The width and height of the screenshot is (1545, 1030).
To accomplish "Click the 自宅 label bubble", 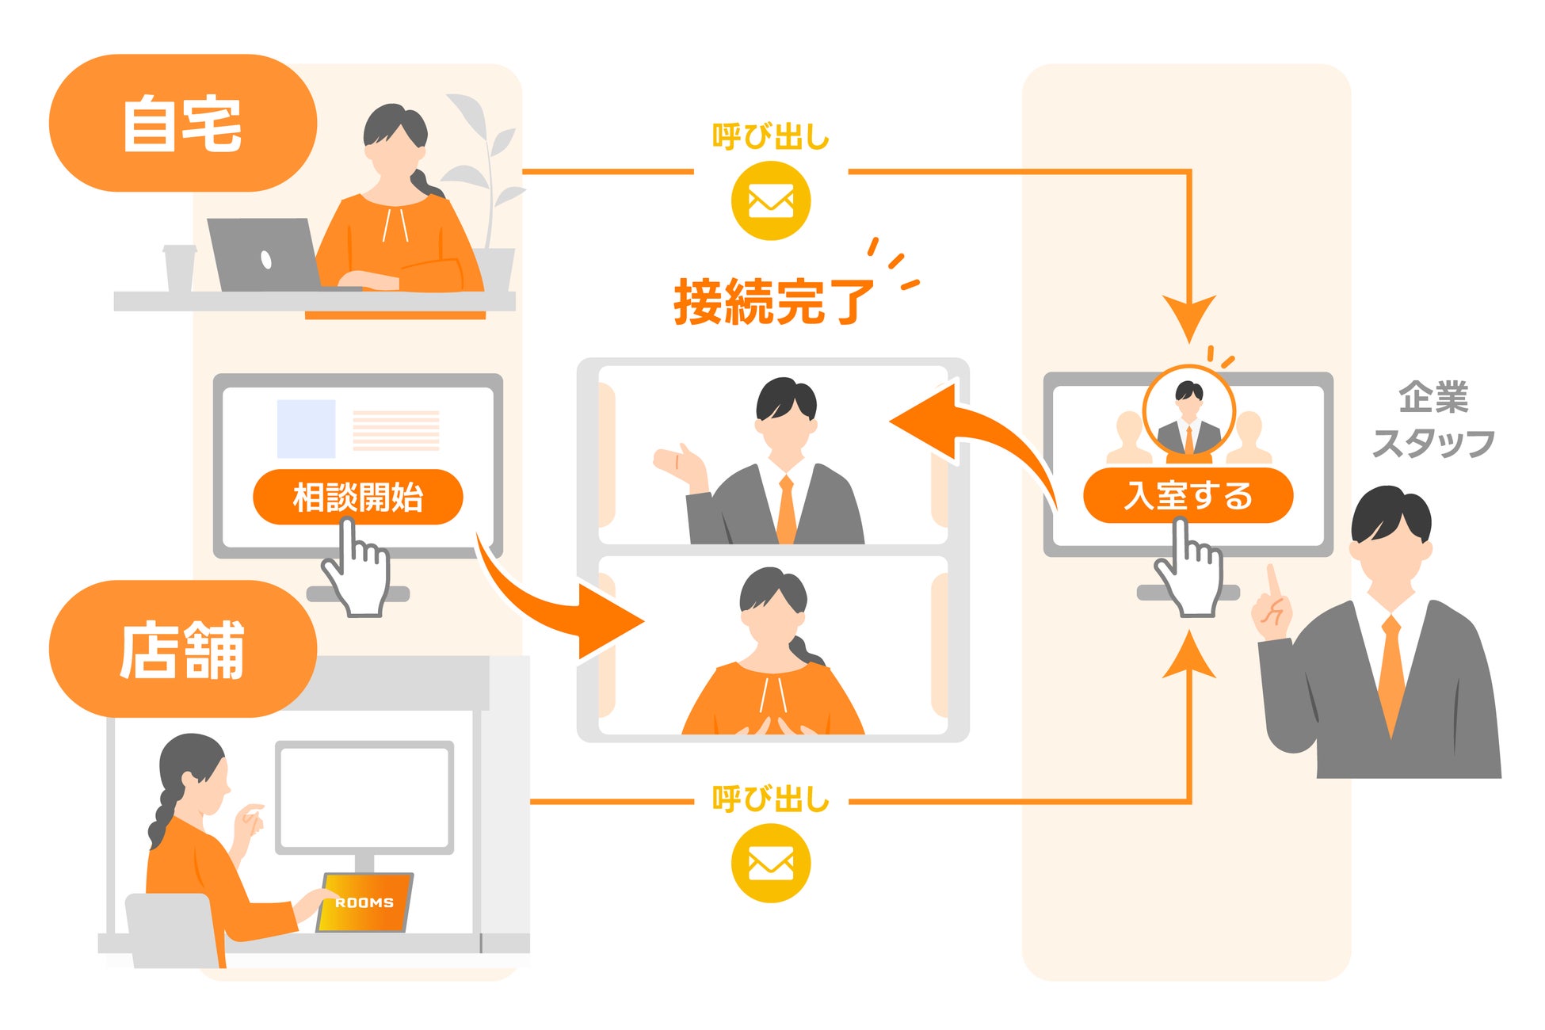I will (182, 123).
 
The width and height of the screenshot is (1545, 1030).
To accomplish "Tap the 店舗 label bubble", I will (182, 650).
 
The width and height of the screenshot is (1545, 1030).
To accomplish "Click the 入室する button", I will (1188, 495).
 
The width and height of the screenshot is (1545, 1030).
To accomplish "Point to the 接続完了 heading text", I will (772, 302).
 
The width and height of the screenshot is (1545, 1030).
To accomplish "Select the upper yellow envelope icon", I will (770, 200).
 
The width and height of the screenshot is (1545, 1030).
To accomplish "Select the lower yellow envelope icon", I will (770, 863).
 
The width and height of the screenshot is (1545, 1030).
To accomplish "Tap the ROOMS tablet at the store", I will (364, 902).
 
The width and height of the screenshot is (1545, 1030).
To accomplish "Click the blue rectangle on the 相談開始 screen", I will (306, 429).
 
